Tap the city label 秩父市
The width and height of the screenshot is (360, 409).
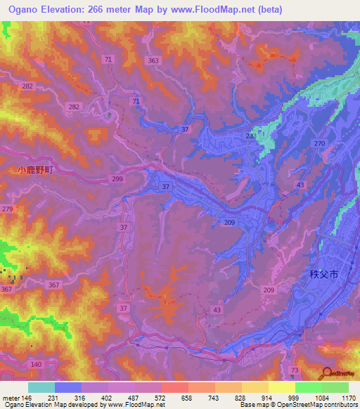[x=325, y=275]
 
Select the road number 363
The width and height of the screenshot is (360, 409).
[x=153, y=61]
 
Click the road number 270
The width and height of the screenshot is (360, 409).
[x=320, y=143]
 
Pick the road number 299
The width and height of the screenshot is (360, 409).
[x=117, y=180]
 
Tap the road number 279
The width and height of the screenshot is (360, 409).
[x=8, y=209]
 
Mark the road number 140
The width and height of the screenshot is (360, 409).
[x=37, y=365]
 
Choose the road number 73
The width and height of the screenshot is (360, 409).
[x=294, y=370]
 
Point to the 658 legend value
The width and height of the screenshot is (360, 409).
[x=187, y=397]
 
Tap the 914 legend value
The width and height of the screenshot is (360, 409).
[x=268, y=397]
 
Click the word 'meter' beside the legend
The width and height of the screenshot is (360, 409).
[x=11, y=397]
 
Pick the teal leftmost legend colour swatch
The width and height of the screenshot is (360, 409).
[x=41, y=387]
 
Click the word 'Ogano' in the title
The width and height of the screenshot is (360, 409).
[x=21, y=10]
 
